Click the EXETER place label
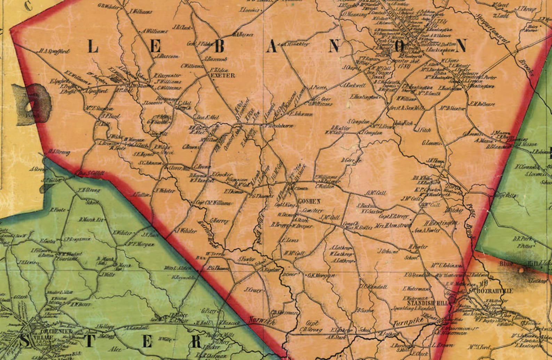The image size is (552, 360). tap(223, 75)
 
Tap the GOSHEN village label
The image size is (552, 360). tap(309, 202)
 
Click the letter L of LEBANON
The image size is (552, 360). tap(93, 46)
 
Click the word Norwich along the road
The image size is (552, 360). tap(262, 321)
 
